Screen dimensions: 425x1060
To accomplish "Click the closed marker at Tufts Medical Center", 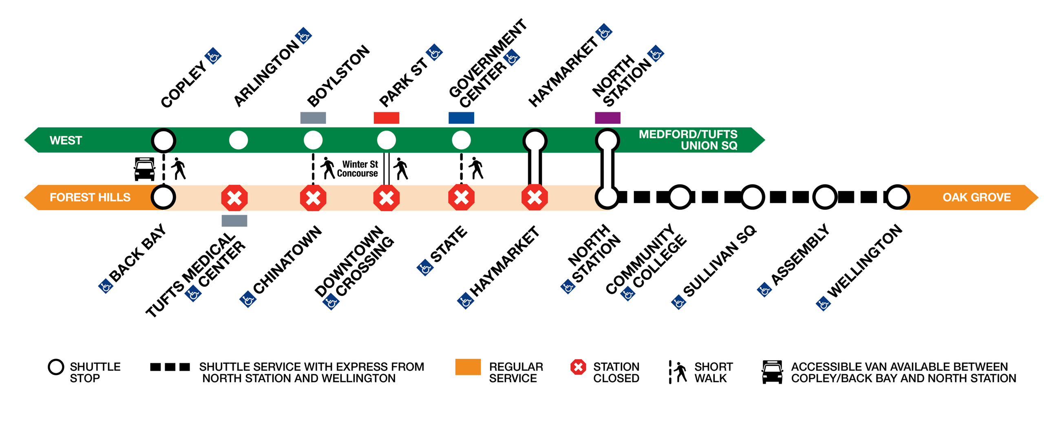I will pos(234,198).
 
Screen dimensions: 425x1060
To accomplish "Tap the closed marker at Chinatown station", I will pos(313,198).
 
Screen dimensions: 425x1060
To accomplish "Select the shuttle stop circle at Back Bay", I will pos(163,197).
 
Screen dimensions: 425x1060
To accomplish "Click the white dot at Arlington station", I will pos(238,140).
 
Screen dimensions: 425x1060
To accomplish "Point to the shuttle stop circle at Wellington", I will pos(897,197).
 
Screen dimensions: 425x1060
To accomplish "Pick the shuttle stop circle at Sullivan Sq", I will pos(752,197).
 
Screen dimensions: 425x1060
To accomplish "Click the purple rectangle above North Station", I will pos(607,118).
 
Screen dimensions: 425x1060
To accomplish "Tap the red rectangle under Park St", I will pos(386,118).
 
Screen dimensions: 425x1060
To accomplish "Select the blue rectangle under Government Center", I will pos(461,118).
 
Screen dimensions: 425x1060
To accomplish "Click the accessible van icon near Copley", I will pos(144,169).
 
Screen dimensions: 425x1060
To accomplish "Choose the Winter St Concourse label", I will pos(357,169).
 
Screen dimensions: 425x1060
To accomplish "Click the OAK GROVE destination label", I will pos(976,198).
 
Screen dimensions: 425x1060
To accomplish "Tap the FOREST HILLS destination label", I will pos(90,198).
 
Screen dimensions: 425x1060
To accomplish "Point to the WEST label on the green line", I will pos(65,140).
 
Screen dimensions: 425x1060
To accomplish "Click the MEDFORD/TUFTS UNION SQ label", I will pos(688,140).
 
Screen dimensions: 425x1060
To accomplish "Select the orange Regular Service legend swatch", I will pos(468,367).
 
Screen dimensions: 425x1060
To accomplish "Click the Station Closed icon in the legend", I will pos(578,367).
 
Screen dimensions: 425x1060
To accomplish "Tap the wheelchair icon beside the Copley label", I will pos(213,56).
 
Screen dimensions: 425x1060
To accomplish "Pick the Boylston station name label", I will pos(338,76).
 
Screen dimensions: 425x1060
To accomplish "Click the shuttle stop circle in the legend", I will pos(56,367).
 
